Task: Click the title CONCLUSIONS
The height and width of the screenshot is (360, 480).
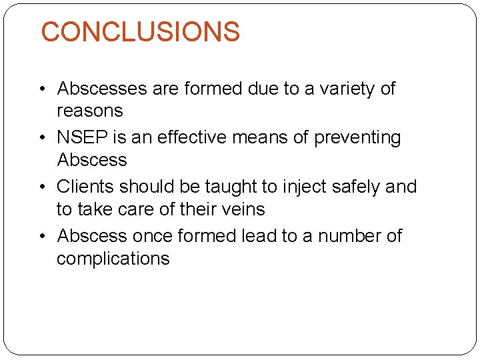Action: click(x=140, y=32)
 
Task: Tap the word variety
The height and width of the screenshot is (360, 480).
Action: click(x=344, y=89)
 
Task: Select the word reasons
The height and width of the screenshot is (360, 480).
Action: click(x=90, y=111)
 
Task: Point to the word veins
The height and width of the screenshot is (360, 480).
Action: click(x=243, y=209)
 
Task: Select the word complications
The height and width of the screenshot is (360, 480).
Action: click(x=113, y=259)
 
